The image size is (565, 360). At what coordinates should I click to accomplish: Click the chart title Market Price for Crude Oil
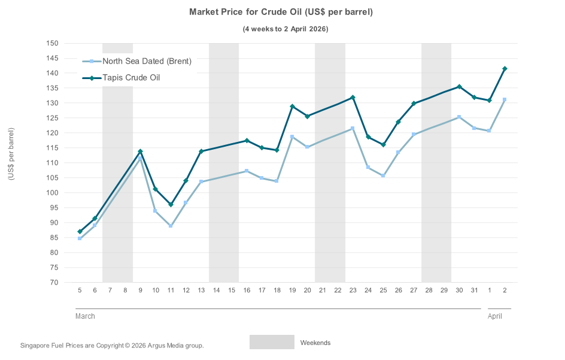(x=281, y=12)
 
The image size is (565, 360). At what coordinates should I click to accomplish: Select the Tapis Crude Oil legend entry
(x=130, y=78)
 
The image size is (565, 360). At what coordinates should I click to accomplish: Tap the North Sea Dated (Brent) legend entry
(x=147, y=61)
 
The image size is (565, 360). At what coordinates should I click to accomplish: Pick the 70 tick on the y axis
(x=54, y=283)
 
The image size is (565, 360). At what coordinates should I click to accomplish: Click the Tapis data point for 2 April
(x=505, y=69)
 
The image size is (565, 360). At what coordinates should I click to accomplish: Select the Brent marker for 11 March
(x=171, y=226)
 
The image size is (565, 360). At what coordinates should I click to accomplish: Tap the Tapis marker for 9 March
(x=140, y=152)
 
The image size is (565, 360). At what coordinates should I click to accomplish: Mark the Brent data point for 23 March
(x=353, y=129)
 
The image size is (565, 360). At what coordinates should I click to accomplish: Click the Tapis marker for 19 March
(x=292, y=107)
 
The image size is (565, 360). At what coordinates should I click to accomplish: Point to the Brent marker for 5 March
(x=80, y=238)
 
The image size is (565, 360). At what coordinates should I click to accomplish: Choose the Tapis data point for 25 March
(x=383, y=145)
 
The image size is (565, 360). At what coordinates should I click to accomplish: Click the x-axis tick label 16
(x=247, y=291)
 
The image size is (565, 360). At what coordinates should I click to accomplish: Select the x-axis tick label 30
(x=459, y=291)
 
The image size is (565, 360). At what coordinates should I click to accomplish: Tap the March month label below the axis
(x=85, y=316)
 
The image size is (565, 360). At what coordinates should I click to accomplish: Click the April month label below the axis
(x=495, y=316)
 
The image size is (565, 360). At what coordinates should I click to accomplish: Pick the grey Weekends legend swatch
(x=272, y=342)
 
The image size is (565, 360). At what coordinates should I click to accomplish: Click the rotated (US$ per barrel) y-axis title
(x=11, y=155)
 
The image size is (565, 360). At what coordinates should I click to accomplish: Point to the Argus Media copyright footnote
(x=112, y=346)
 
